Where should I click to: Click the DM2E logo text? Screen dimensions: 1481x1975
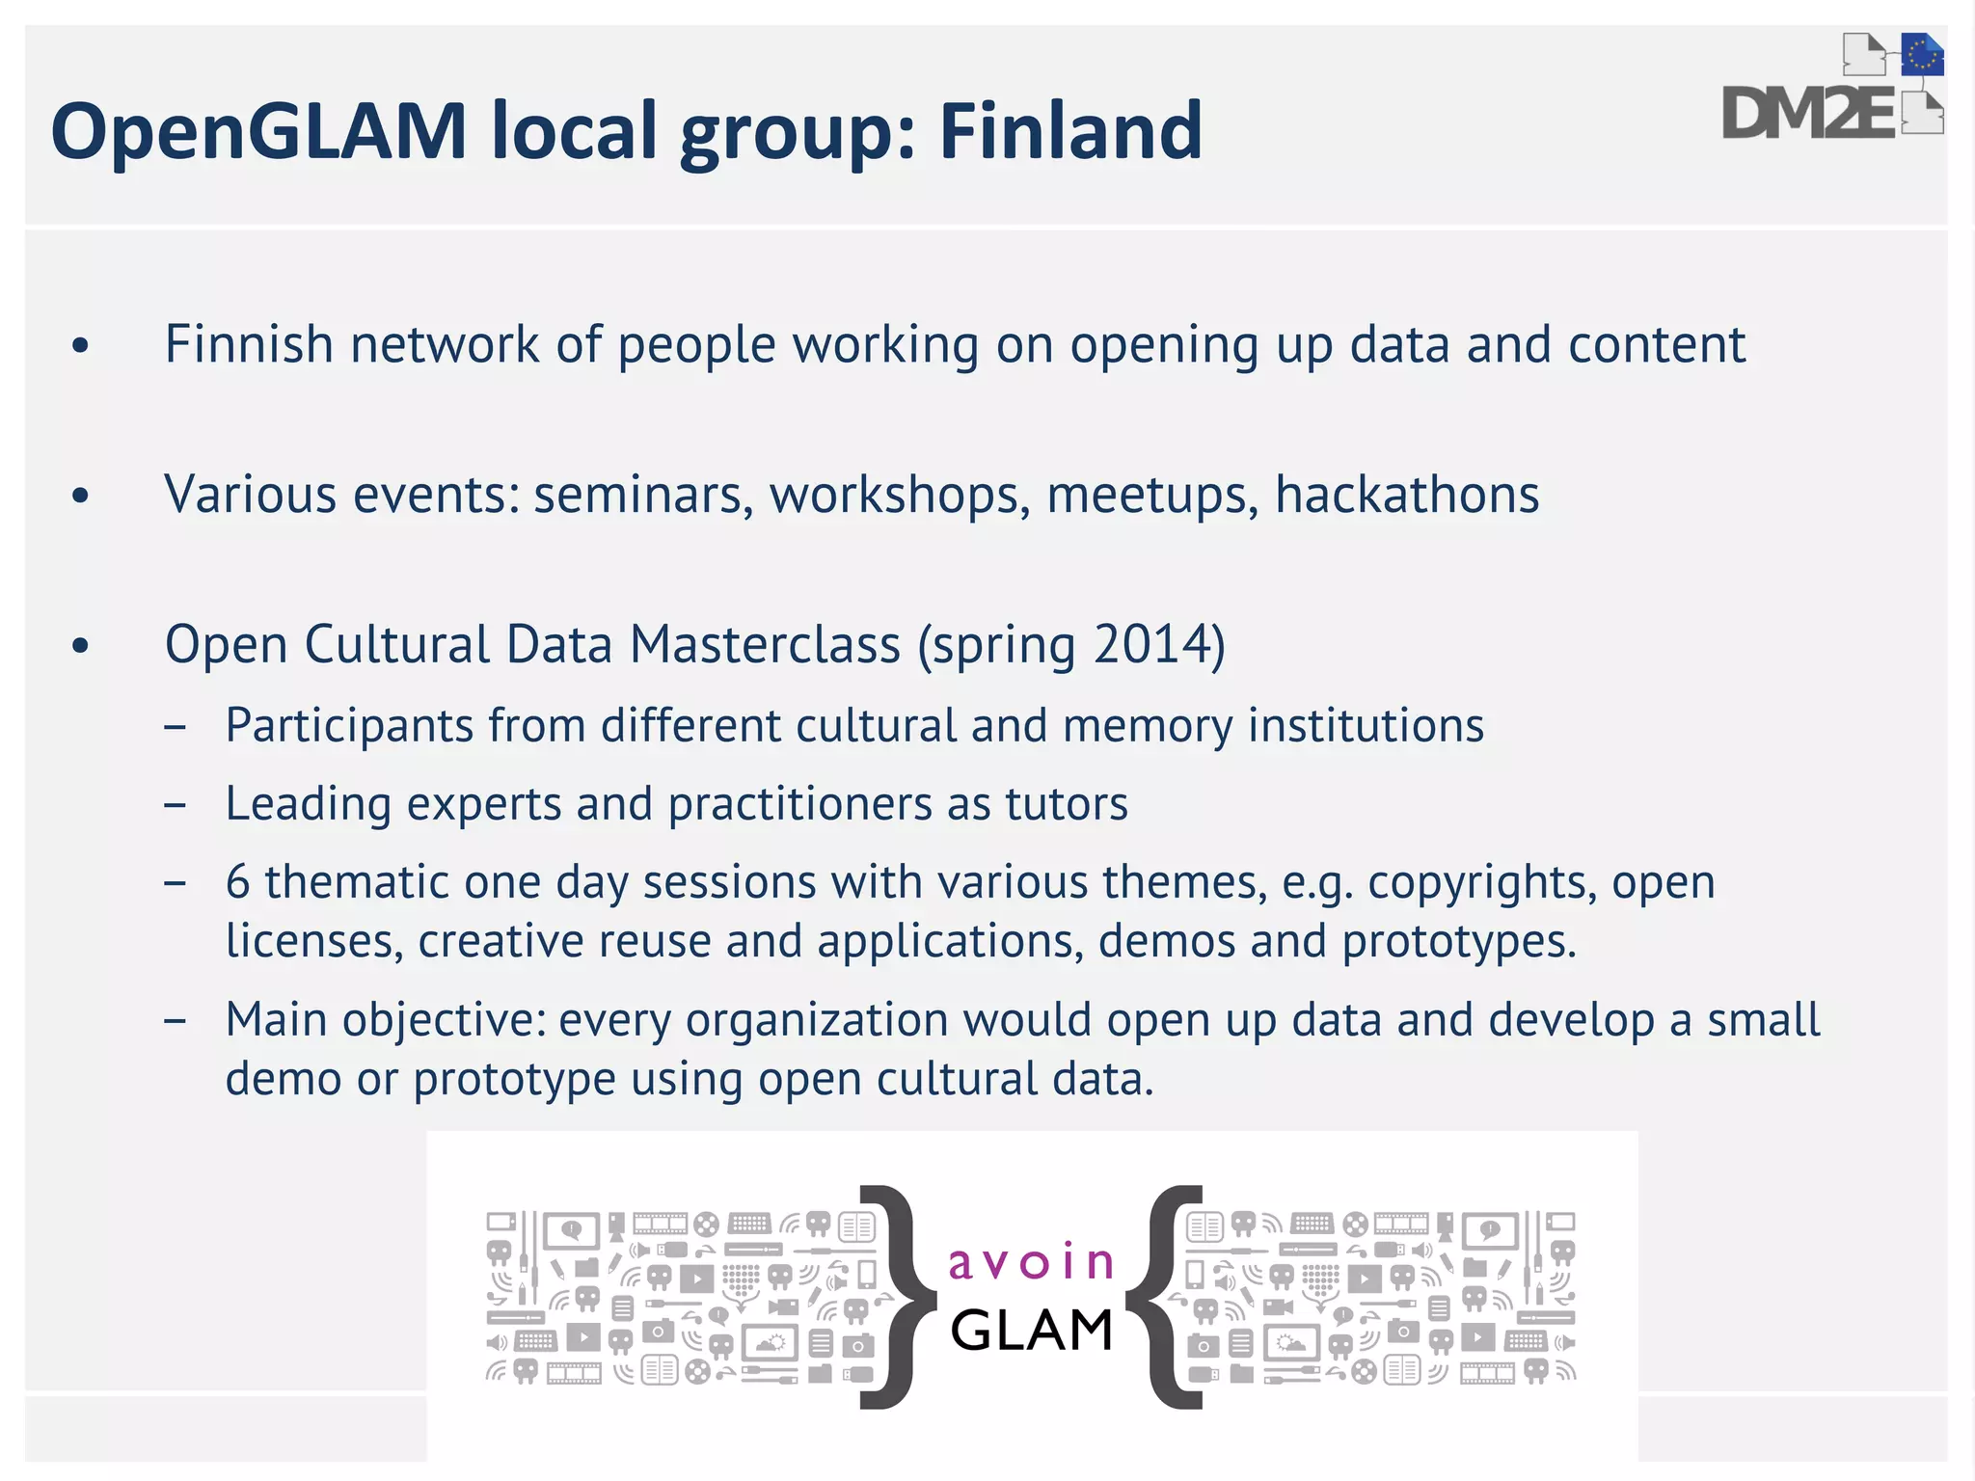(1807, 115)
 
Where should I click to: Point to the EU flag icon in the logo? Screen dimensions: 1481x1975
(1922, 55)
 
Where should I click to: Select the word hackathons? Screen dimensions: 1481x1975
(1406, 495)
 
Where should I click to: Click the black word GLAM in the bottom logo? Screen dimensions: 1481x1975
(1032, 1331)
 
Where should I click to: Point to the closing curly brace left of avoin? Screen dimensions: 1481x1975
(898, 1297)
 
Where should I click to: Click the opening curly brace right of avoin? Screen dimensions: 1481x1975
(1165, 1297)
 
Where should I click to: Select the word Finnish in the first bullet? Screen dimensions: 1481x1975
(249, 344)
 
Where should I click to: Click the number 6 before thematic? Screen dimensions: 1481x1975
(237, 881)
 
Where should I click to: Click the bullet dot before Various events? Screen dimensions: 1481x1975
(81, 496)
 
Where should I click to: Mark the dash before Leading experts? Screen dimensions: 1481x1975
(175, 804)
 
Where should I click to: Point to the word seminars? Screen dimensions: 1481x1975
(642, 496)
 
